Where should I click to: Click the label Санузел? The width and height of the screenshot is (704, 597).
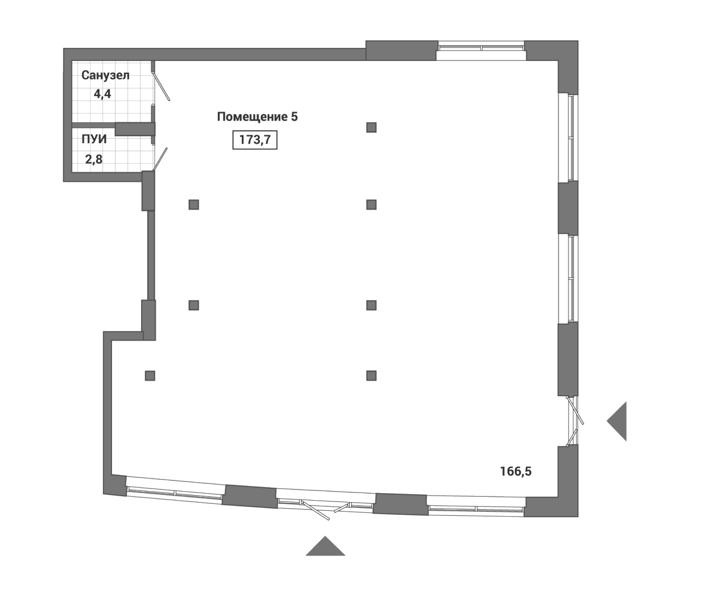click(105, 75)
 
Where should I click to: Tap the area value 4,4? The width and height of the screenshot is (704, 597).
click(102, 94)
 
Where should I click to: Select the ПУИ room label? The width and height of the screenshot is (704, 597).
click(94, 139)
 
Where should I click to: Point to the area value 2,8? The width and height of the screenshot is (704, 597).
click(94, 159)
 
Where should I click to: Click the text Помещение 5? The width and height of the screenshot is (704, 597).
click(257, 117)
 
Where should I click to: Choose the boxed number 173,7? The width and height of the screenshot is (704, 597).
click(255, 140)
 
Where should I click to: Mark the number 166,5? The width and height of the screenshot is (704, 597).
click(516, 472)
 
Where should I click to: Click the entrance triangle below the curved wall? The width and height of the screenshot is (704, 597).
click(326, 547)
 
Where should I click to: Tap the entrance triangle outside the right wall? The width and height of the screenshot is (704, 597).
click(619, 421)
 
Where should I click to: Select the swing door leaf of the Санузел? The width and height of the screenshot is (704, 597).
click(162, 87)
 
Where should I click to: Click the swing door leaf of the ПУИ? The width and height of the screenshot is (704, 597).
click(160, 159)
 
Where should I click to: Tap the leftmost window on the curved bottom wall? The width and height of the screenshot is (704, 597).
click(175, 493)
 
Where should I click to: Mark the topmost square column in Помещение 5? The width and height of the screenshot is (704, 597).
click(371, 127)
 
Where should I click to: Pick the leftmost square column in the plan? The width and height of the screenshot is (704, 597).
click(150, 376)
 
